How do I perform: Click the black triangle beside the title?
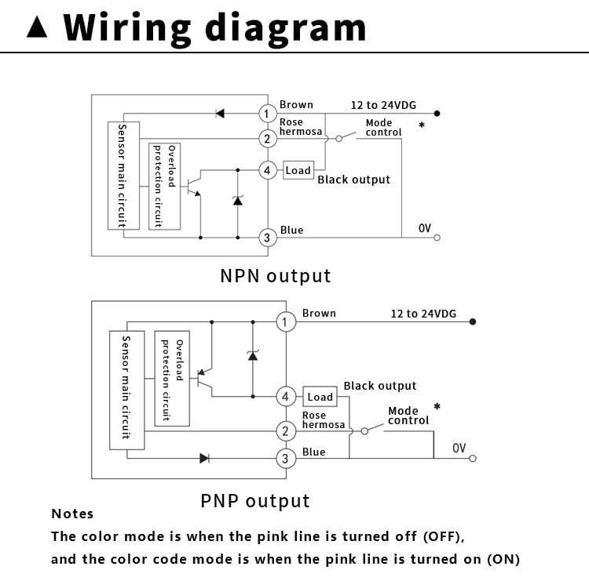pos(37,27)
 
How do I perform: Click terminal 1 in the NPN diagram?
pos(267,114)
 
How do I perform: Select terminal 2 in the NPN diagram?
pos(267,139)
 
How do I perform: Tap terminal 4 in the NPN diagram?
pos(267,170)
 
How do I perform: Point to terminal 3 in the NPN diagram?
pos(267,238)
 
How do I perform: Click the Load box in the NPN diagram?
pos(298,170)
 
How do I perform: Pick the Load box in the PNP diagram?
pos(320,397)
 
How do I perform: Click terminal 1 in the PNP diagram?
pos(286,321)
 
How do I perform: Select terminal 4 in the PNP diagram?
pos(286,397)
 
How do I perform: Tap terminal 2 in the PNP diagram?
pos(286,430)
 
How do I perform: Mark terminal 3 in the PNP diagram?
pos(286,459)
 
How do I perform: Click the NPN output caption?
pos(275,276)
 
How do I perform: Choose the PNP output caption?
pos(255,501)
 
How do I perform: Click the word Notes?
pos(72,514)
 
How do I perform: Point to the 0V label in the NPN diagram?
pos(425,228)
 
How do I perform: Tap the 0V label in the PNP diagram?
pos(459,448)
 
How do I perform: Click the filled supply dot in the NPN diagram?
pos(437,114)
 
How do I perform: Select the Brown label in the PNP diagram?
pos(319,313)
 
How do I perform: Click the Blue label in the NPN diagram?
pos(291,230)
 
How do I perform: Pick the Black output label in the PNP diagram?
pos(380,386)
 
